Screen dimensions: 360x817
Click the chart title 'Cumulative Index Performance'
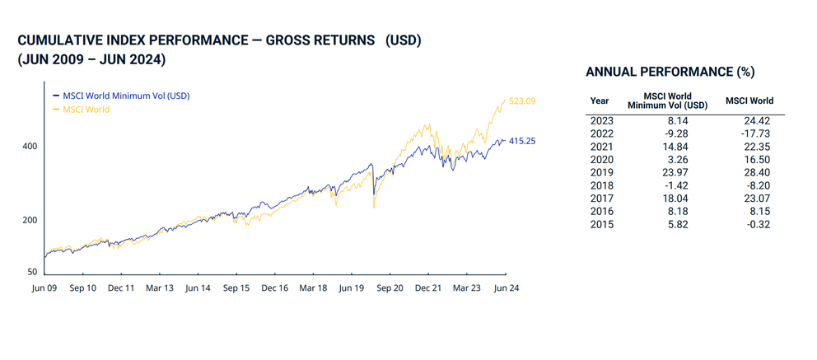tap(219, 40)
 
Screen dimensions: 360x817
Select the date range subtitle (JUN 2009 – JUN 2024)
tap(91, 59)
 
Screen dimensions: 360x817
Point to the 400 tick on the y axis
tap(30, 146)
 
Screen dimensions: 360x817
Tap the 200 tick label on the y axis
tap(30, 220)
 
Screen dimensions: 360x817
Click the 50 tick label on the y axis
tap(32, 272)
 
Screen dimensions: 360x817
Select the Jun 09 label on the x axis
tap(44, 288)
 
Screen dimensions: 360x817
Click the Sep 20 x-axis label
tap(389, 288)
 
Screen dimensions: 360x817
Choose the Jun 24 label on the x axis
tap(505, 288)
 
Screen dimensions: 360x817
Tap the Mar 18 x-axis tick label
tap(313, 288)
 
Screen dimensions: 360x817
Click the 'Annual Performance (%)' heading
tap(670, 72)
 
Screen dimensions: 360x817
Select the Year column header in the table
tap(600, 101)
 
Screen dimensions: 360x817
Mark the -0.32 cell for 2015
tap(749, 224)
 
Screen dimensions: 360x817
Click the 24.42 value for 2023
tap(749, 120)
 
